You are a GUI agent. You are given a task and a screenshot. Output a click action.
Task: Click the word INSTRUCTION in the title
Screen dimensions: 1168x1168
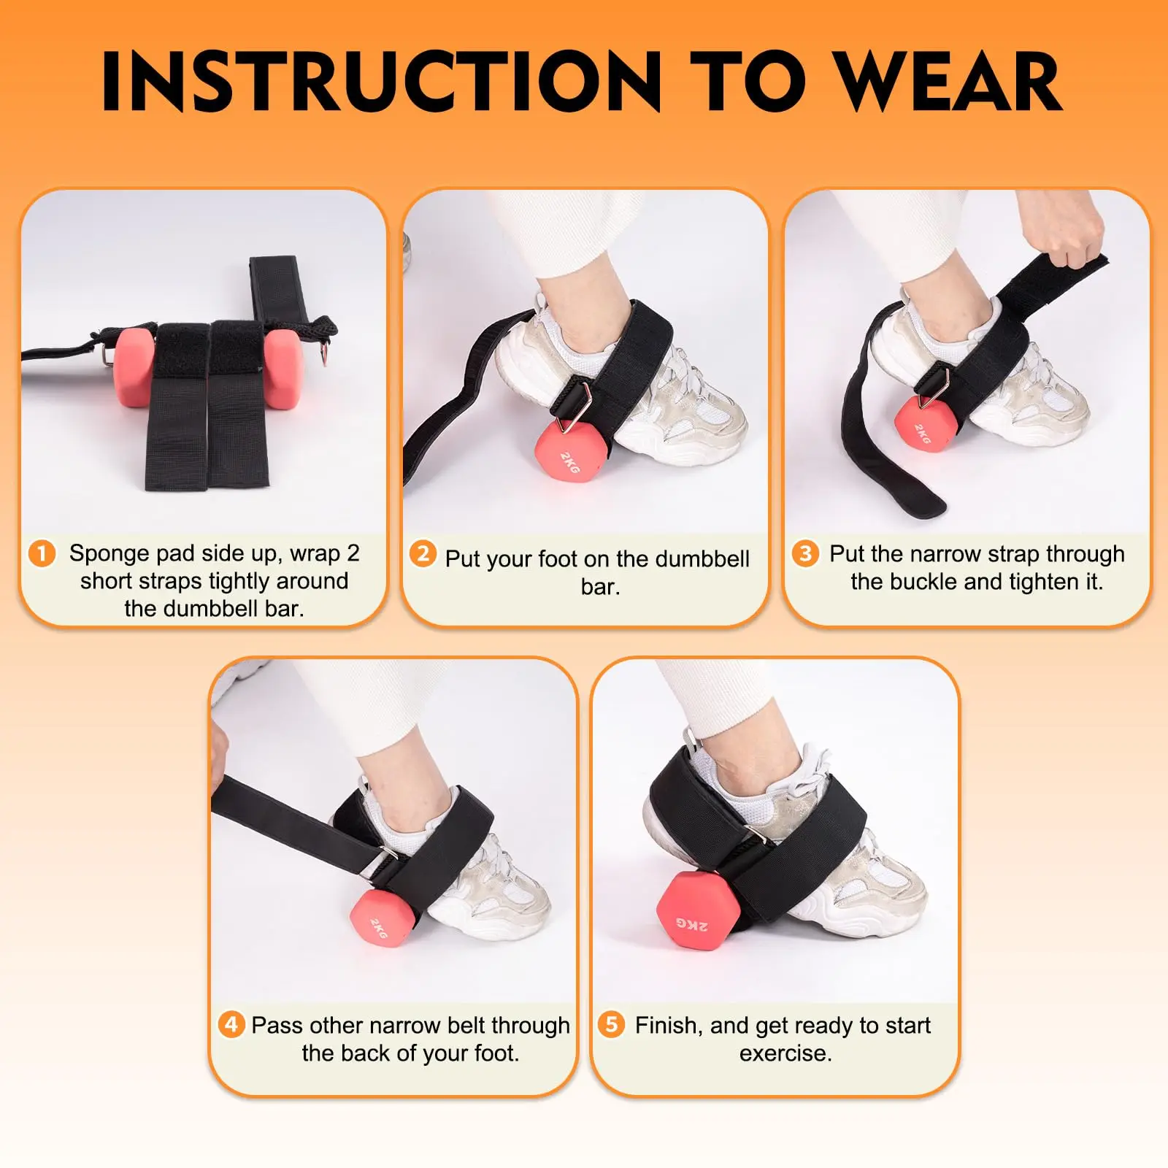click(x=380, y=81)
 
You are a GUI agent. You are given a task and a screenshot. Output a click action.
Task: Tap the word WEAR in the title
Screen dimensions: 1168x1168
click(x=948, y=81)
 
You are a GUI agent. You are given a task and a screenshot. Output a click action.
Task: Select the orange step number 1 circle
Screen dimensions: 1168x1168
click(x=42, y=553)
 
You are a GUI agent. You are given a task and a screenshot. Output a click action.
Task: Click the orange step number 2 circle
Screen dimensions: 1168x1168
click(x=423, y=554)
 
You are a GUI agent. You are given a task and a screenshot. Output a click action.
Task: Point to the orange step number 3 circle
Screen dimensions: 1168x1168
click(x=805, y=554)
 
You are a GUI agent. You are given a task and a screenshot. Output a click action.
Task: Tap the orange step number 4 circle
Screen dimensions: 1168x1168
click(x=231, y=1024)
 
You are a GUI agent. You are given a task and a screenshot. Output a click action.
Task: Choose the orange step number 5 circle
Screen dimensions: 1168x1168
click(x=612, y=1024)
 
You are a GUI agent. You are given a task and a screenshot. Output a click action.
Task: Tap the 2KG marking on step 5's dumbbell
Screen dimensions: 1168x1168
click(x=691, y=924)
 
